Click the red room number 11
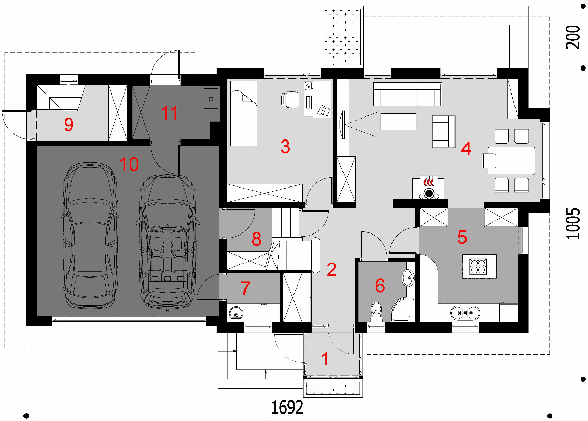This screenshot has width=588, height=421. point(169,113)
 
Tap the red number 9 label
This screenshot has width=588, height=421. point(68,125)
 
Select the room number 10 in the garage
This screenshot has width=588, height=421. point(129,165)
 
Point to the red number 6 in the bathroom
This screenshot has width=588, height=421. point(380,286)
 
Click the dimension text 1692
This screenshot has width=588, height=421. point(287,407)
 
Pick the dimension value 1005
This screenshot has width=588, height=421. point(573,223)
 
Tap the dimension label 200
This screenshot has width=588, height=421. point(573,37)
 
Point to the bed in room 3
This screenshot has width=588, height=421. point(243,113)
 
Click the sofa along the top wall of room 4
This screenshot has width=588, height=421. point(407,95)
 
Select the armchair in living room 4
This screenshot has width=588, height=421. point(444,131)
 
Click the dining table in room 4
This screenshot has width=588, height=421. point(511,160)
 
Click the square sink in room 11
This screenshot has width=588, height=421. point(211,99)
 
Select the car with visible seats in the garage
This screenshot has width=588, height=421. point(167,240)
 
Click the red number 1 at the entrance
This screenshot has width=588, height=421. point(325,359)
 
